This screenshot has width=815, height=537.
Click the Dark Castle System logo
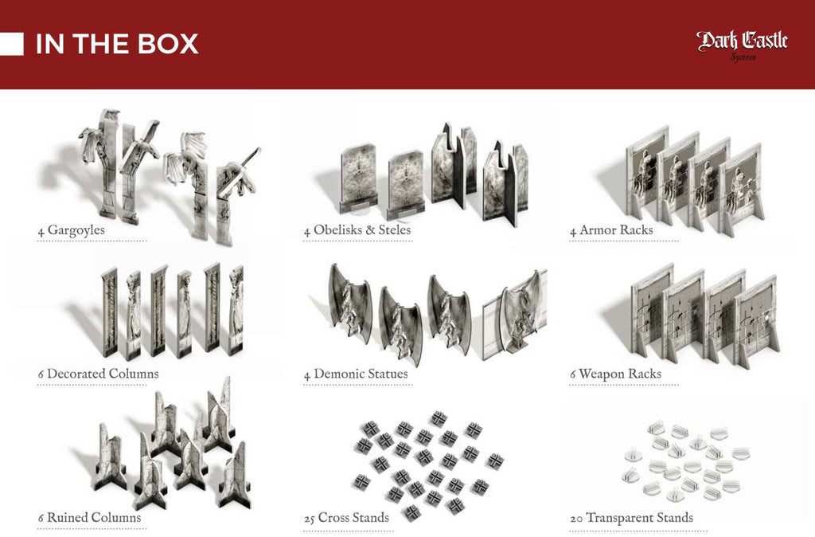click(x=743, y=45)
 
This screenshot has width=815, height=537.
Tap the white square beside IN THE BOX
click(x=11, y=44)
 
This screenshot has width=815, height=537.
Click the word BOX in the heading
click(x=168, y=44)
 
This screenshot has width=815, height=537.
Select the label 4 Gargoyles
click(x=71, y=230)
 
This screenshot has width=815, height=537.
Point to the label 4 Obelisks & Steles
click(x=357, y=230)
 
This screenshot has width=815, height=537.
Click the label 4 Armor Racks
click(x=611, y=230)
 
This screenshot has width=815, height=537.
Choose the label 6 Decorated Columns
click(x=98, y=374)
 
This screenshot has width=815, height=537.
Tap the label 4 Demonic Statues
click(x=356, y=374)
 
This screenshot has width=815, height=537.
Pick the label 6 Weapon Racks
click(x=615, y=374)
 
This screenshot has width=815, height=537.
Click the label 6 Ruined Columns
click(x=89, y=518)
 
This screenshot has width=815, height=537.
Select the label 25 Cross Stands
click(x=347, y=518)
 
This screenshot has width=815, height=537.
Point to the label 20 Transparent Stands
click(x=631, y=518)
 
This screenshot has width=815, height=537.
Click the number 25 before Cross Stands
click(x=310, y=519)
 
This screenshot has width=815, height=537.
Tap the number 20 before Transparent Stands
click(x=576, y=519)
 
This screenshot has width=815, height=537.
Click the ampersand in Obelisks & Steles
click(x=370, y=230)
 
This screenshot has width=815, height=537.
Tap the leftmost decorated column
click(x=109, y=312)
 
